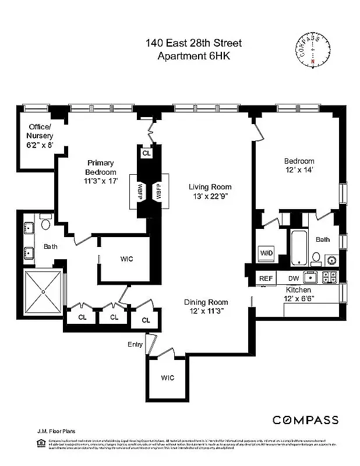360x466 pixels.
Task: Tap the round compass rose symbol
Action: (313, 50)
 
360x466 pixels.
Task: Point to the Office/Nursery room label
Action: (40, 135)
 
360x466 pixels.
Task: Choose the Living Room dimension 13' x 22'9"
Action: (210, 196)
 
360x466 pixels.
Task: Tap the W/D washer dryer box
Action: (266, 253)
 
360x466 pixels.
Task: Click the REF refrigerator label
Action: (266, 278)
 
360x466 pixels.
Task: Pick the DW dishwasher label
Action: (294, 278)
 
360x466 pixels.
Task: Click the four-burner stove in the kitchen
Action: (329, 277)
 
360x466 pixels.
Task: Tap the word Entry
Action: (135, 344)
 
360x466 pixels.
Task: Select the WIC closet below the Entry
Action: (167, 377)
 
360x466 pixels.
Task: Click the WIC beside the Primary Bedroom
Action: (126, 259)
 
